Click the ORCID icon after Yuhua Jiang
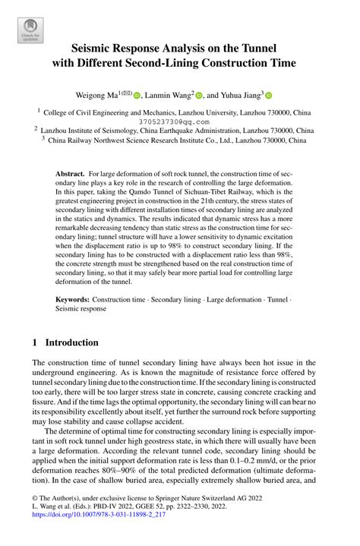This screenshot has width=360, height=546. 269,96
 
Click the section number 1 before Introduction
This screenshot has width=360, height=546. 35,342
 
